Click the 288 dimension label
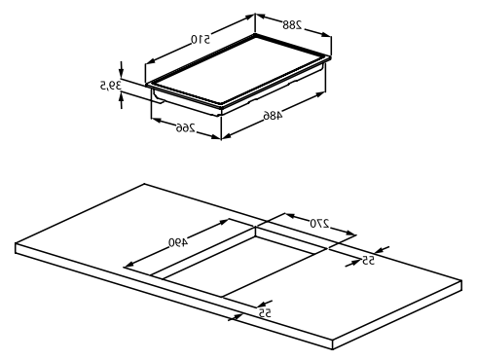click(292, 24)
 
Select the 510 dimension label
click(201, 39)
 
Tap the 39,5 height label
click(110, 86)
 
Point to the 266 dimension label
click(186, 127)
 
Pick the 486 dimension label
click(273, 116)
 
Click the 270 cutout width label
click(319, 223)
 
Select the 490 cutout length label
click(178, 242)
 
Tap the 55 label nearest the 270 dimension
click(368, 260)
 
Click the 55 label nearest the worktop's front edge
click(265, 313)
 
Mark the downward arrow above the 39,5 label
click(122, 69)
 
